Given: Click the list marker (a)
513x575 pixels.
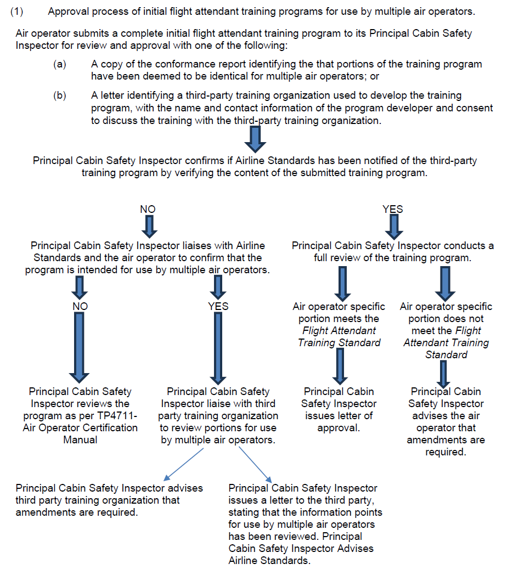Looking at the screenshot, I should tap(59, 65).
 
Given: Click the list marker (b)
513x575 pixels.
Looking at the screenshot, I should tap(59, 96).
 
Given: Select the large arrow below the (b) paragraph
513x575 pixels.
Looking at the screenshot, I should tap(255, 138).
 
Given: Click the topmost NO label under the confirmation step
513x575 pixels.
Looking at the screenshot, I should tap(148, 209).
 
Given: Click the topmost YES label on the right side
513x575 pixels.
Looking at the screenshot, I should tap(392, 209).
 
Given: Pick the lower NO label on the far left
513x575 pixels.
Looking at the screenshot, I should tap(80, 306).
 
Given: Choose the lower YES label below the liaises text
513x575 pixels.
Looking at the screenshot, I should tap(218, 306).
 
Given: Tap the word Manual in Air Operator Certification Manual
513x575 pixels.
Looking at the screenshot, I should tap(80, 440).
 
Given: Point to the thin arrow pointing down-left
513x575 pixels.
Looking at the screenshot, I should tap(184, 464).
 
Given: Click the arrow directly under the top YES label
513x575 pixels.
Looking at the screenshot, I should tap(393, 227).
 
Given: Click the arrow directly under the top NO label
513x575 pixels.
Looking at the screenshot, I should tap(148, 227).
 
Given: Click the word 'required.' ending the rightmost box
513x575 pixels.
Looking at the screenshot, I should tap(446, 452).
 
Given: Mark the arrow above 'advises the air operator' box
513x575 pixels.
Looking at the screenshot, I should tap(445, 374).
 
